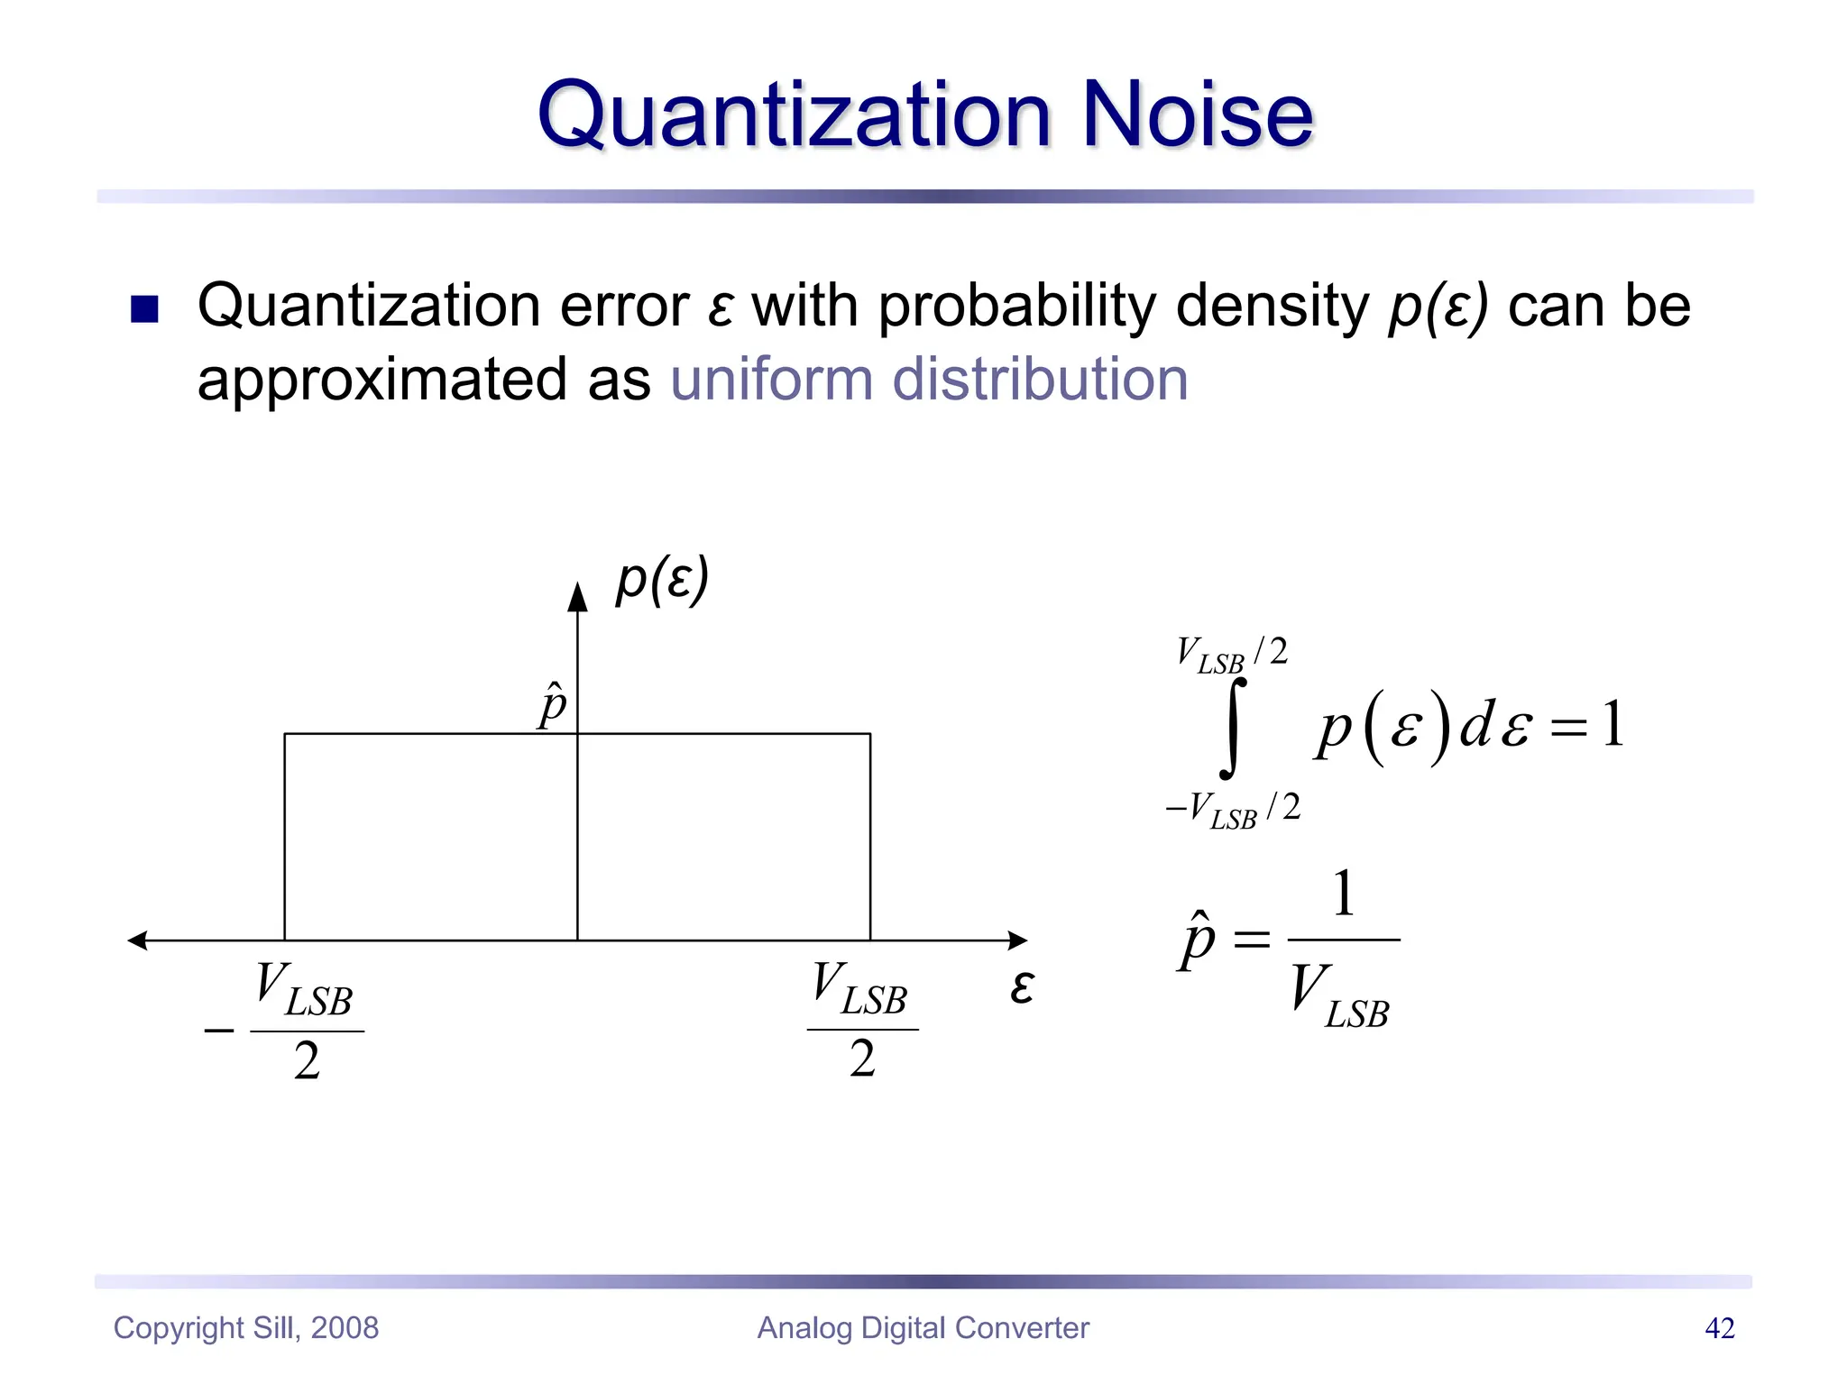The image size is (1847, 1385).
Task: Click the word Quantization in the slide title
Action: point(794,117)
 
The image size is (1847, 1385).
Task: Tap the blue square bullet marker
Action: point(144,309)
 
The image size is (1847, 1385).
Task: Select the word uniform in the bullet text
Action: point(772,379)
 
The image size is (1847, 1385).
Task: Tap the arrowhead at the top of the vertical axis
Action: point(577,597)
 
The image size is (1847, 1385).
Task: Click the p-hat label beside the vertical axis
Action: point(552,705)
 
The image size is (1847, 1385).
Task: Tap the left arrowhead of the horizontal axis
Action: point(137,940)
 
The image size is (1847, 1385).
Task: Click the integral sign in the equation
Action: point(1232,729)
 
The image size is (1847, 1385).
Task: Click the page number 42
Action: point(1719,1328)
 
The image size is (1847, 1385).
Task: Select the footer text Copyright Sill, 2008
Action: point(246,1328)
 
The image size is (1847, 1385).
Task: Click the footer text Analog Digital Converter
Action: point(923,1328)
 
